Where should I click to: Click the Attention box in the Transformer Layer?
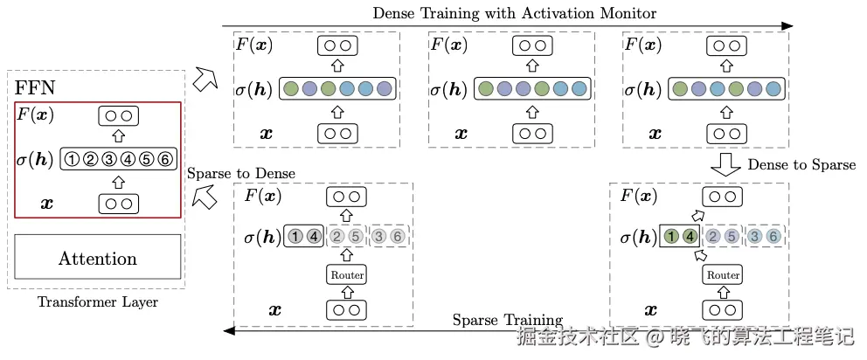pyautogui.click(x=97, y=258)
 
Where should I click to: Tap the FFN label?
pyautogui.click(x=34, y=89)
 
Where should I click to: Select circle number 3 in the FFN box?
pyautogui.click(x=108, y=159)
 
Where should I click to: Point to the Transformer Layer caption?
pyautogui.click(x=96, y=302)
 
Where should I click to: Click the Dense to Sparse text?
pyautogui.click(x=801, y=164)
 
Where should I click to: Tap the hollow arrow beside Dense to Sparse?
pyautogui.click(x=725, y=164)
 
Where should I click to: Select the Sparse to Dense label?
pyautogui.click(x=241, y=173)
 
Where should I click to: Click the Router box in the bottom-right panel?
pyautogui.click(x=723, y=275)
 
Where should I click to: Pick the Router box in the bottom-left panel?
pyautogui.click(x=346, y=275)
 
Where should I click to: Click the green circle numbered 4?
pyautogui.click(x=690, y=236)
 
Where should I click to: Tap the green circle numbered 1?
pyautogui.click(x=671, y=236)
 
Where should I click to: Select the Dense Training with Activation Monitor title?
pyautogui.click(x=514, y=13)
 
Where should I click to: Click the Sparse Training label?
pyautogui.click(x=507, y=320)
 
